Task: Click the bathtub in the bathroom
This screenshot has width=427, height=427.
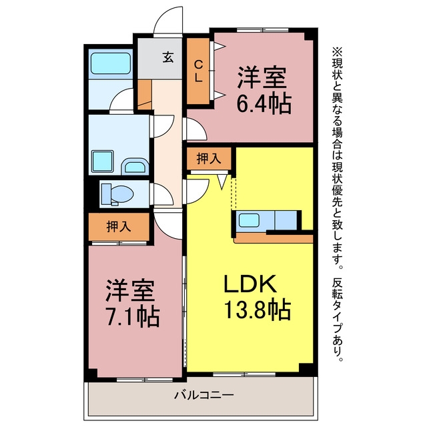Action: click(111, 63)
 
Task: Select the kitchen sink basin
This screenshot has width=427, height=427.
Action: click(249, 220)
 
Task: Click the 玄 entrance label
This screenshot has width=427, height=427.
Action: click(168, 57)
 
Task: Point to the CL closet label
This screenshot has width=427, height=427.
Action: click(199, 71)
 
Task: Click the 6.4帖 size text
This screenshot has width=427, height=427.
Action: click(264, 104)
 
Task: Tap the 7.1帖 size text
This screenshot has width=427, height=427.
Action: click(132, 317)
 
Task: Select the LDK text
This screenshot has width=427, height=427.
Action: click(250, 284)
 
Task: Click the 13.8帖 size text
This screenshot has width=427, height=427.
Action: click(258, 310)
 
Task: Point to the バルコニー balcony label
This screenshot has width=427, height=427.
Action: click(204, 395)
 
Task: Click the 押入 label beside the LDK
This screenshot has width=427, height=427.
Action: click(209, 159)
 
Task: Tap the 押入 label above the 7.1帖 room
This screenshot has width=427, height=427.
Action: click(119, 226)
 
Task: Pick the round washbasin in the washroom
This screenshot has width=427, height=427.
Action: click(135, 166)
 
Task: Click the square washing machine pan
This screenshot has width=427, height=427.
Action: click(103, 161)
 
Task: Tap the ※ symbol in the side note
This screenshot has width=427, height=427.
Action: click(337, 52)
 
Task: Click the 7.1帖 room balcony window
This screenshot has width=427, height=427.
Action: click(145, 380)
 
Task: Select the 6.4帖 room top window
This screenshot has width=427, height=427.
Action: click(262, 30)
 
